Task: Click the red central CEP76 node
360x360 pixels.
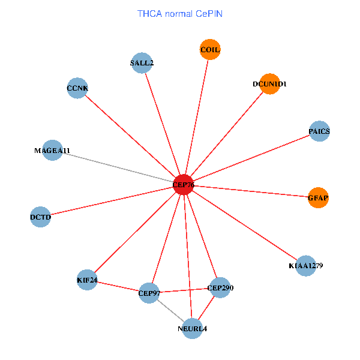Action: coord(183,185)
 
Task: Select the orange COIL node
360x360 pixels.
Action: coord(210,50)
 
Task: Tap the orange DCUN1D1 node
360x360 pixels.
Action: coord(269,84)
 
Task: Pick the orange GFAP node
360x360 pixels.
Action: coord(319,197)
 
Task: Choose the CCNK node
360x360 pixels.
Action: coord(77,88)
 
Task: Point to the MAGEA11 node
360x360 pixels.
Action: coord(53,150)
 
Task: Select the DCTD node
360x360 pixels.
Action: coord(40,217)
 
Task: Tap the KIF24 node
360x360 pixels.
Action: coord(87,280)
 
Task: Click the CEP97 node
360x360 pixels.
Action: coord(149,293)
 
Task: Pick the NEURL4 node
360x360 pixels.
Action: coord(192,328)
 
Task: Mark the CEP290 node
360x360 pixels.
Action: coord(220,288)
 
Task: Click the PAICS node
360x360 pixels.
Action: coord(319,131)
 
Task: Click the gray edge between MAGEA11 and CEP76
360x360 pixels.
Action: coord(118,167)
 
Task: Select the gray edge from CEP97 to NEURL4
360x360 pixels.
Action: coord(170,311)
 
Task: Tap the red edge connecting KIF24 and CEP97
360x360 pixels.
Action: coord(118,286)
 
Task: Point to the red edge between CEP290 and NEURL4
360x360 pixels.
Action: coord(206,308)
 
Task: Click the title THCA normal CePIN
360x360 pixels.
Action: coord(180,13)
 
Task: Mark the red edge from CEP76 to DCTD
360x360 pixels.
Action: coord(112,201)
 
